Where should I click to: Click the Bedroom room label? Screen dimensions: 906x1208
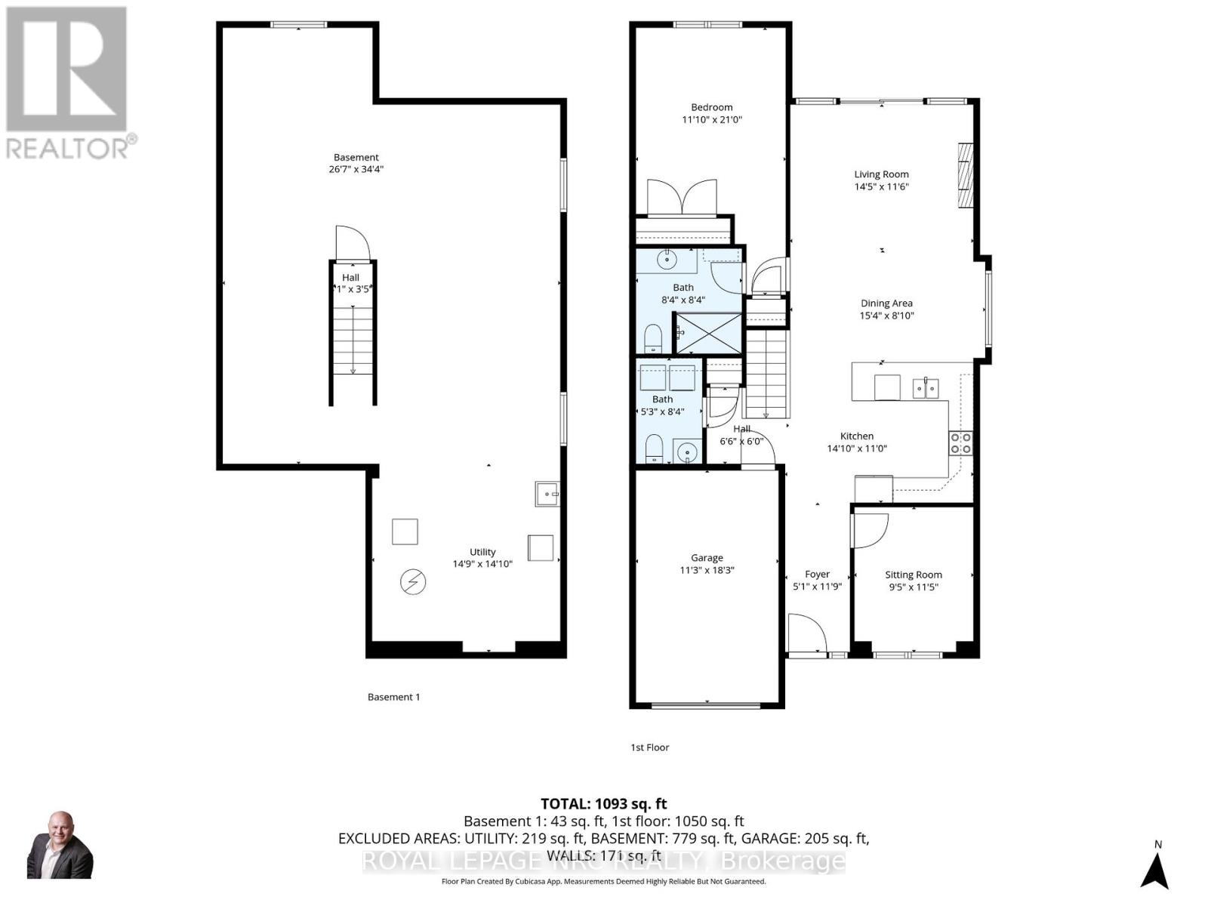(711, 107)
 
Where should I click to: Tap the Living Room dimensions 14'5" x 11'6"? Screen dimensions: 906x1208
(881, 186)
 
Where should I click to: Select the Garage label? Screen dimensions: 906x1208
(707, 558)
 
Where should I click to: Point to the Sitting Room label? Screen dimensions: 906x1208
(913, 575)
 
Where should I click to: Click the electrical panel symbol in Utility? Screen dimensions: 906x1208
(413, 581)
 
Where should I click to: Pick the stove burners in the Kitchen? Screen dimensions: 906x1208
(960, 443)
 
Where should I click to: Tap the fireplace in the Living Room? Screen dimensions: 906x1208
(964, 174)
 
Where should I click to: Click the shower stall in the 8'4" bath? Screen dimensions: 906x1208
(707, 333)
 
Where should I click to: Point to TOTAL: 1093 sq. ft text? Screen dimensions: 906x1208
(603, 804)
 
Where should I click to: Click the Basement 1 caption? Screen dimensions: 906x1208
(393, 697)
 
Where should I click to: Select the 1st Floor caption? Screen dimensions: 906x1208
(649, 747)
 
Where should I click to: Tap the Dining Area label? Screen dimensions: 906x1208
(886, 304)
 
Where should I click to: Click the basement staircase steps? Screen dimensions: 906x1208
(353, 340)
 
